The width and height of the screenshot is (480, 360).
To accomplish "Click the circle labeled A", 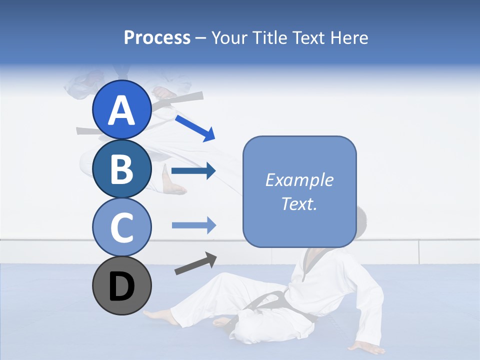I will coord(121,109).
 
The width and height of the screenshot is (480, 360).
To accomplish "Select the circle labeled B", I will coord(121,169).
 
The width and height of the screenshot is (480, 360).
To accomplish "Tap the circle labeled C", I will coord(121,227).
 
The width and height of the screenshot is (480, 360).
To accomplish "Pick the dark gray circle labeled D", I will coord(121,286).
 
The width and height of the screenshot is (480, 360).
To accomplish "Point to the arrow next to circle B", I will coord(193,171).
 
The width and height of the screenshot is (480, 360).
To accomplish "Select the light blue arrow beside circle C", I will coord(193,225).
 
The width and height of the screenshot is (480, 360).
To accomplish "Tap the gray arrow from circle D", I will coord(195,263).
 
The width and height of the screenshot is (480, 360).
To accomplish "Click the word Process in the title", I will coord(157,37).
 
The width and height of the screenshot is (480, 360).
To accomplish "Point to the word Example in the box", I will coord(299,180).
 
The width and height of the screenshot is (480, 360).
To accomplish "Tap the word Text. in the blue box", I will coord(299,203).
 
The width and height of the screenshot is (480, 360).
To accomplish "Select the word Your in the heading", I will coord(228,37).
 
